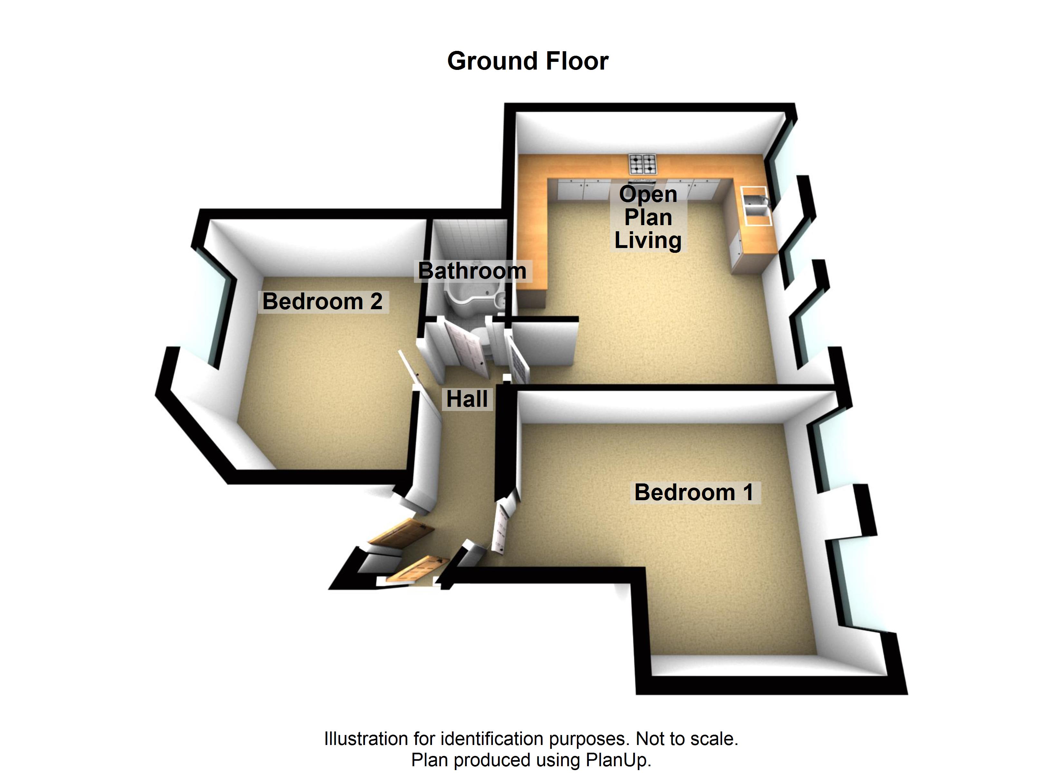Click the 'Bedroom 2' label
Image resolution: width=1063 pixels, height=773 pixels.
tap(322, 301)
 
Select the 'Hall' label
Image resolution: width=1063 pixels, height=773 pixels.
tap(467, 399)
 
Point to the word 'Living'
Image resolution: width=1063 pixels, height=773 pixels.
tap(648, 241)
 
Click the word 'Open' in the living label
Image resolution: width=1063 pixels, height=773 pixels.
tap(648, 194)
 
